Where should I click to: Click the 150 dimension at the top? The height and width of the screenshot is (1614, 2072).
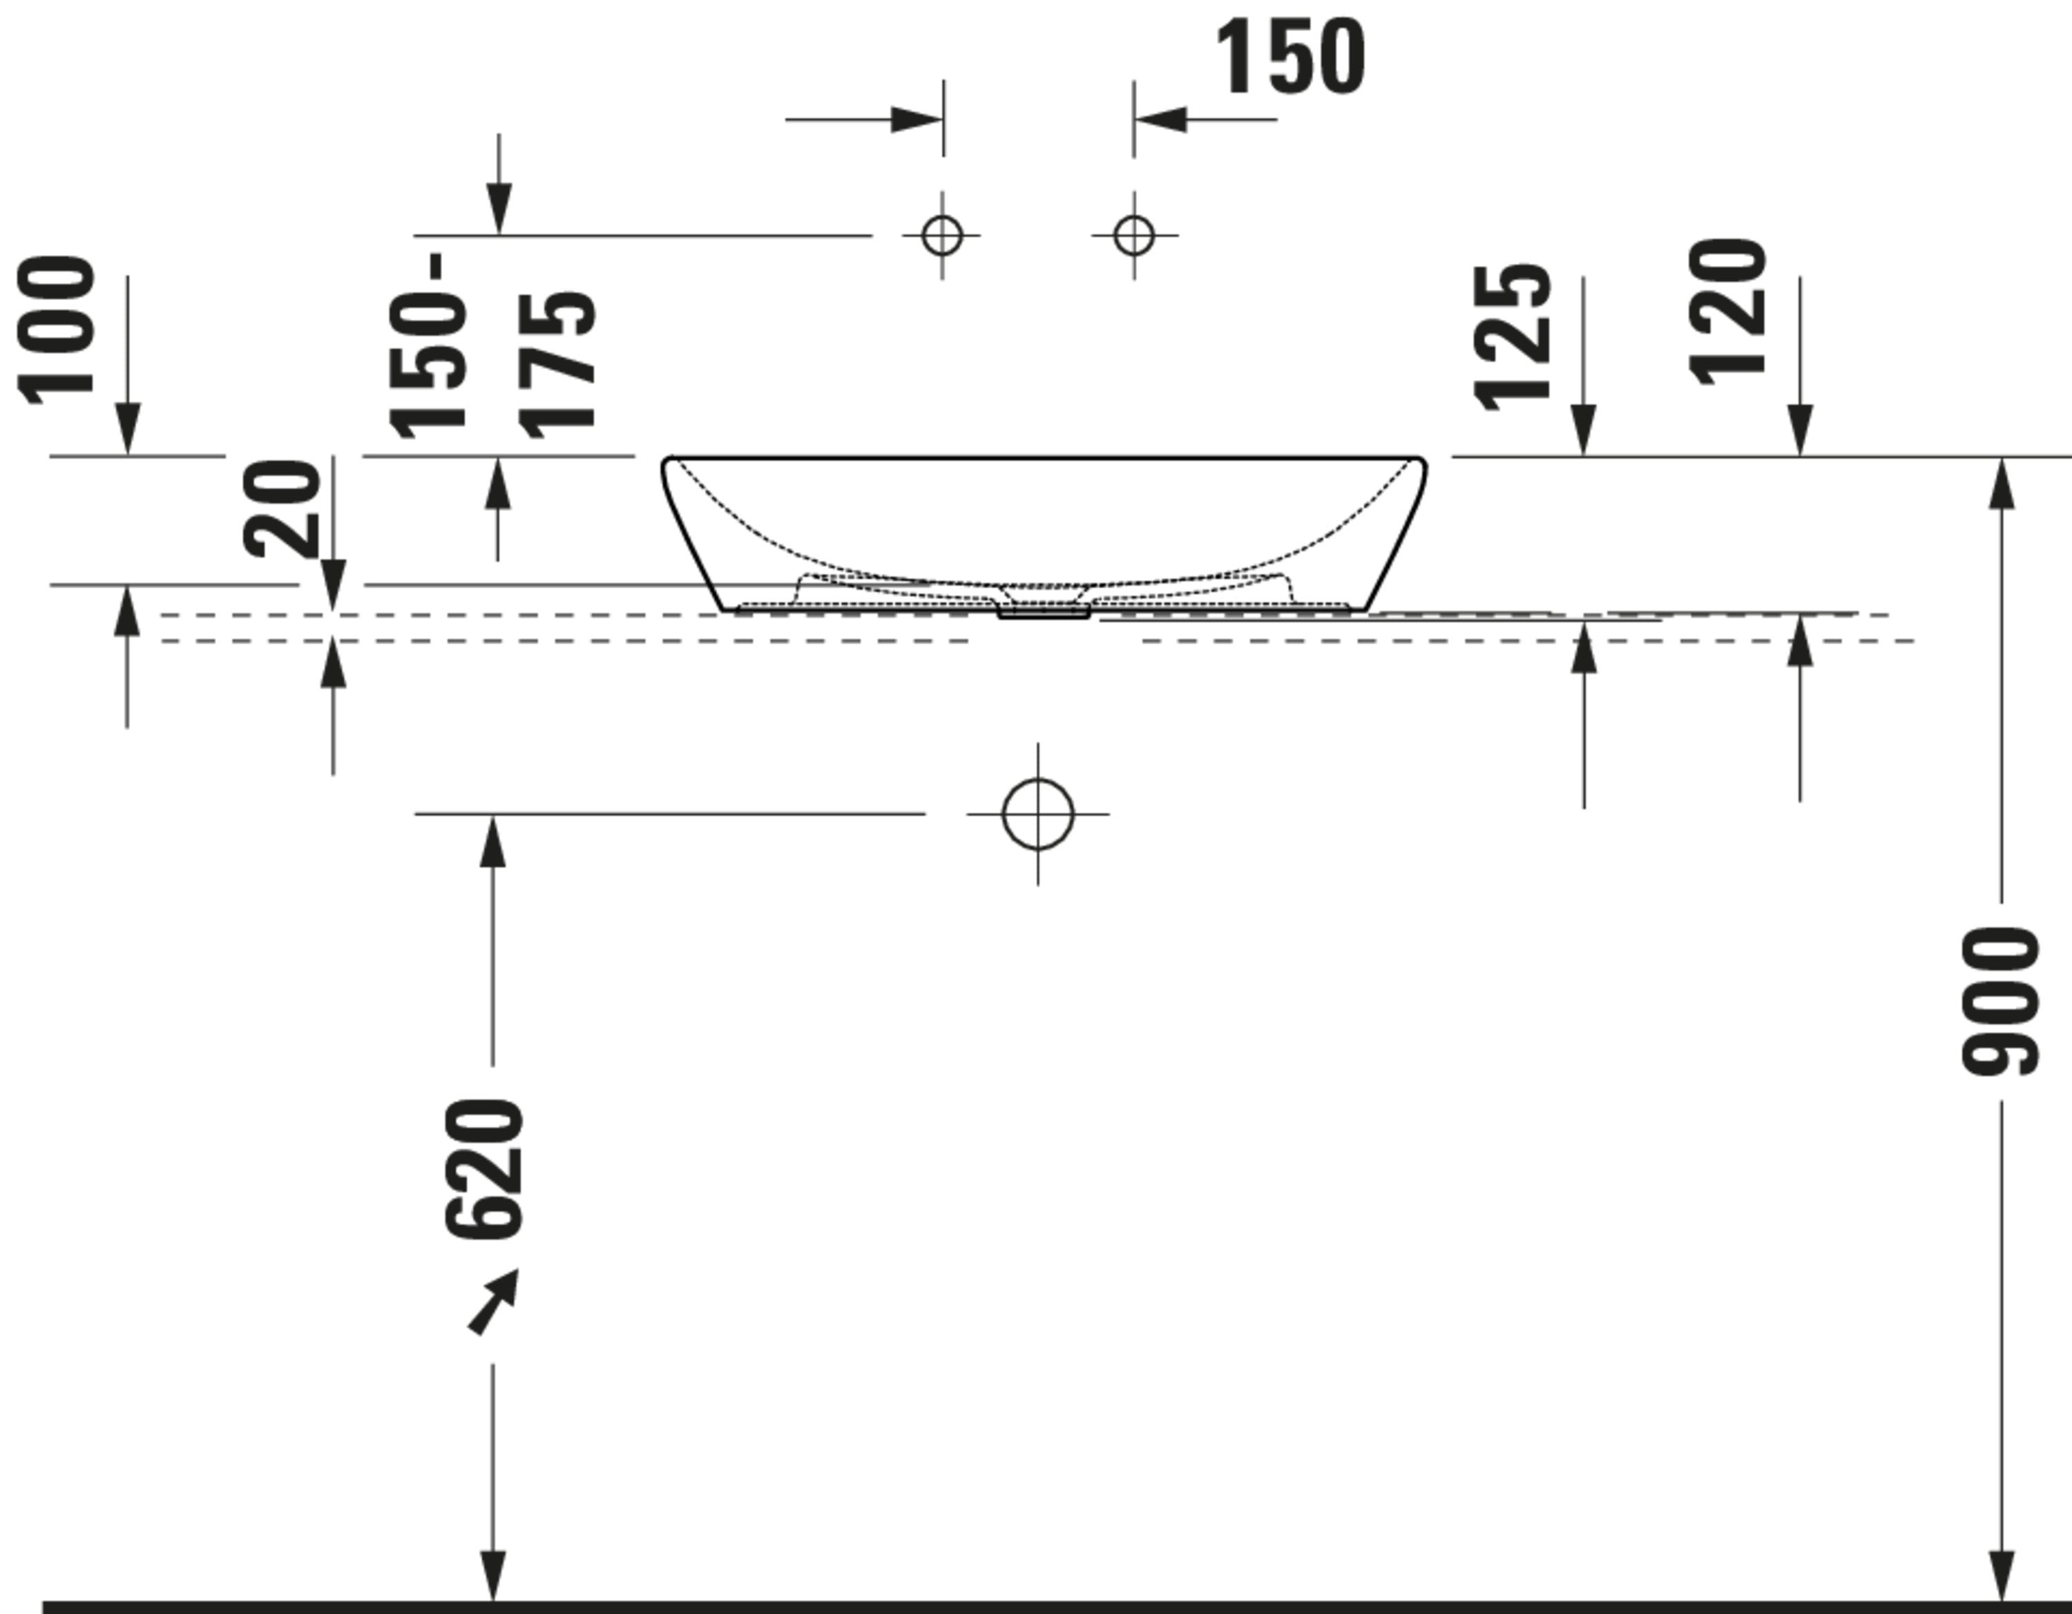coord(1290,57)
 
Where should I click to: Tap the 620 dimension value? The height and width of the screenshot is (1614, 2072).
coord(483,1169)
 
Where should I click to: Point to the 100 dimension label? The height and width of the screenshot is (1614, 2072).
coord(57,330)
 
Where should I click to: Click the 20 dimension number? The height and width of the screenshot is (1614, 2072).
coord(282,509)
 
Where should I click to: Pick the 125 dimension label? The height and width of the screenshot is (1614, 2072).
coord(1513,337)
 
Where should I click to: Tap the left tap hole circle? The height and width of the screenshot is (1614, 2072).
coord(942,236)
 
